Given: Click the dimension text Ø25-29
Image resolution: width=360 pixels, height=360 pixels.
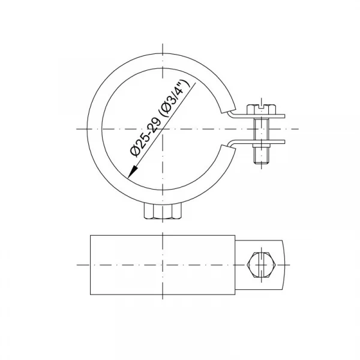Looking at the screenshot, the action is pos(146,137).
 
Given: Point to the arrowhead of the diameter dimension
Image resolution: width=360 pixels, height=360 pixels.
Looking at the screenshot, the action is pos(133,172).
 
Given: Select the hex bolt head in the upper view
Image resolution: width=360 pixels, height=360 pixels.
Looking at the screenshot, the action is pos(261,110).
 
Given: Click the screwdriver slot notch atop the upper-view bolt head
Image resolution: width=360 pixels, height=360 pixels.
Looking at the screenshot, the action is pos(262,106).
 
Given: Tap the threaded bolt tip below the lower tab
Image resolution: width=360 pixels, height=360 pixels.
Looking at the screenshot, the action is pos(262,155).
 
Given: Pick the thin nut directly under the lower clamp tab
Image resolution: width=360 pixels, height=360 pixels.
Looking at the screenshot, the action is pos(262,146).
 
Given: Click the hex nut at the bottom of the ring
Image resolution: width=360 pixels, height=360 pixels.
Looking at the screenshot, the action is pos(163,212).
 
